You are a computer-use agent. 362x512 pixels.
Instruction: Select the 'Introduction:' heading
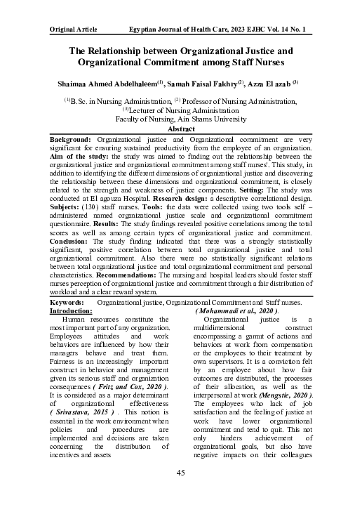point(77,330)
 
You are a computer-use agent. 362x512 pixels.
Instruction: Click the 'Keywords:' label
point(67,322)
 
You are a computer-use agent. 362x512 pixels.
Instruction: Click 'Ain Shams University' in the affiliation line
point(215,120)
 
